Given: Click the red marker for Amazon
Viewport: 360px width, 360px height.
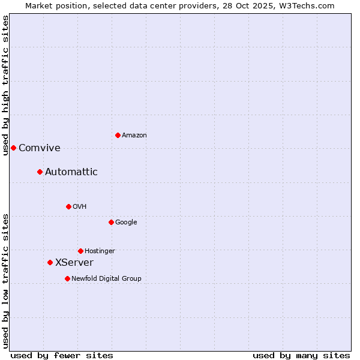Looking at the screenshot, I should pos(118,135).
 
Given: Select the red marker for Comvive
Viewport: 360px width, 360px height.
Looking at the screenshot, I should pos(13,148).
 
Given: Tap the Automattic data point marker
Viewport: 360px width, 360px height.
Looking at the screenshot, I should pos(40,172).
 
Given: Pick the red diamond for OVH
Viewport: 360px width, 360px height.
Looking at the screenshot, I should pos(68,206).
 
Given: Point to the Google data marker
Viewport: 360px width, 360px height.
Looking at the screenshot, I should pos(111,222).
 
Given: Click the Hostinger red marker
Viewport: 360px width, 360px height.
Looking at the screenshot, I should pos(80,251).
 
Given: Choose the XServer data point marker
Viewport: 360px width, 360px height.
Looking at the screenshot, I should pos(50,262).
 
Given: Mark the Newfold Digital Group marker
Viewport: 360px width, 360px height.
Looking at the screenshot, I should pos(67,278).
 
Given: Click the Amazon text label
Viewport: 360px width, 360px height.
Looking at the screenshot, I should pos(134,136).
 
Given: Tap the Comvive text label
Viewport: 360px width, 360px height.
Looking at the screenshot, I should pos(40,148).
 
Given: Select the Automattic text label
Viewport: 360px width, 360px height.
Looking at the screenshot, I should pos(71,172).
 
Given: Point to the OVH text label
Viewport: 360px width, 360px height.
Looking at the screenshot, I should pos(80,207).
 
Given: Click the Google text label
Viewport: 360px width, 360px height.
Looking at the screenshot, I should pos(126,223).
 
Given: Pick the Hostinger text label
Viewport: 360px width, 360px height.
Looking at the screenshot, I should pos(100,251).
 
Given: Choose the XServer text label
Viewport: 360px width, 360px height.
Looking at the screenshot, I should pos(74,263).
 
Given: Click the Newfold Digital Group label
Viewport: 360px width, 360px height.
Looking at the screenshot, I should pos(106,279).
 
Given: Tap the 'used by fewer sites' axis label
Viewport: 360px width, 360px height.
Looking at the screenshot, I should pos(62,355).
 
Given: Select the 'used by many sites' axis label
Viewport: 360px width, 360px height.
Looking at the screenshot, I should pos(301,355).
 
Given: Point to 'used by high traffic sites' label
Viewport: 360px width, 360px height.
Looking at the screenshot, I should pos(6,85).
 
